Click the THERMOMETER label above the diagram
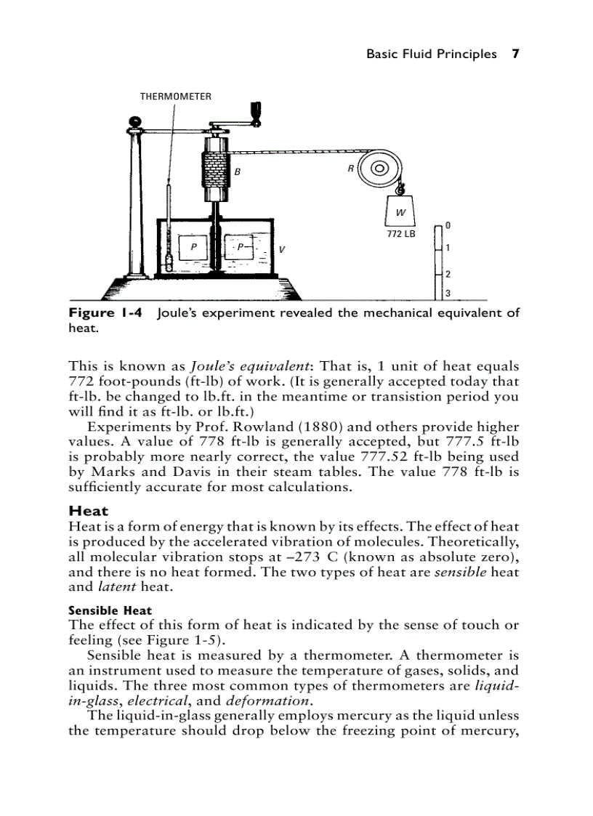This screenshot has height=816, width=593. click(176, 96)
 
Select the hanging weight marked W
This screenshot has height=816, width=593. click(400, 211)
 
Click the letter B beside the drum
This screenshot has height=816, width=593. click(237, 172)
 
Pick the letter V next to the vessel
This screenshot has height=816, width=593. click(281, 249)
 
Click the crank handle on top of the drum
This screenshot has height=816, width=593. click(255, 116)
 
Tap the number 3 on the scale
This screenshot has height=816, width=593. click(448, 294)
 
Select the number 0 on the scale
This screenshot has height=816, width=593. click(448, 226)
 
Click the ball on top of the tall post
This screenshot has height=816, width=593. click(134, 121)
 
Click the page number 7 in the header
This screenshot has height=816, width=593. click(515, 54)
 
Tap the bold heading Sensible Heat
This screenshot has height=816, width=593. click(110, 610)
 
